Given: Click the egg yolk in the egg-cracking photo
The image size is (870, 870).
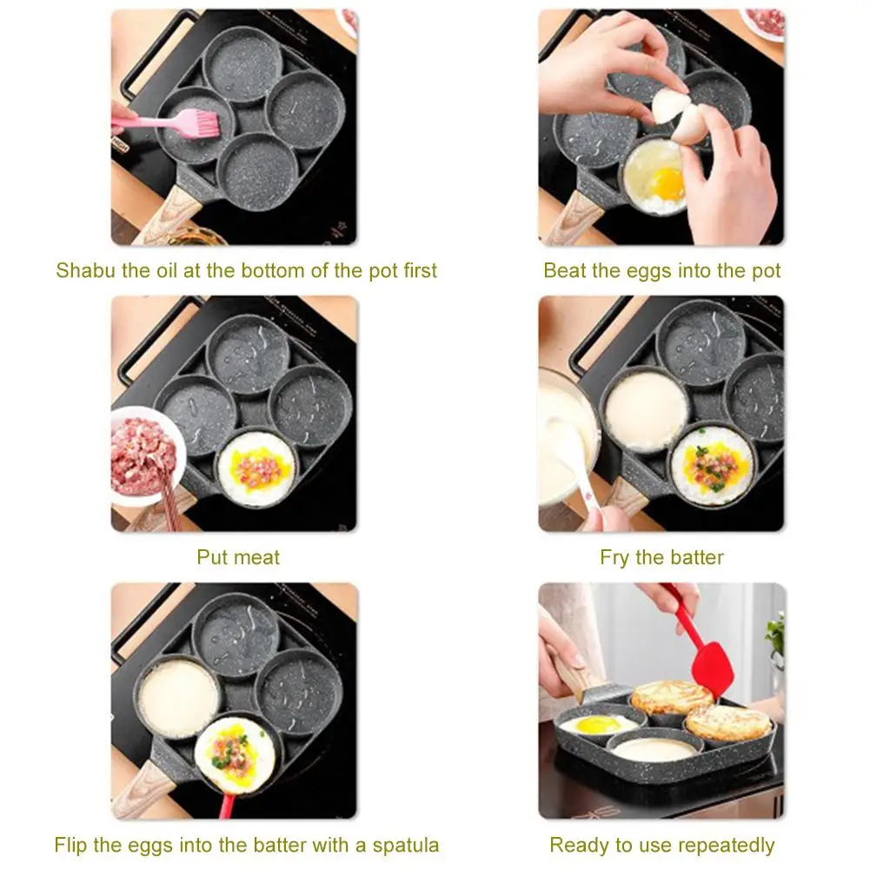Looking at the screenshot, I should tap(668, 182).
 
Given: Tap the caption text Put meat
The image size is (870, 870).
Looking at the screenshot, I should tap(238, 557).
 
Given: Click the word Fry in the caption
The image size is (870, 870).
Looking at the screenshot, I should tap(615, 557).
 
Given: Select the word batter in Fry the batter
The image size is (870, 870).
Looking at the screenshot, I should tap(694, 557).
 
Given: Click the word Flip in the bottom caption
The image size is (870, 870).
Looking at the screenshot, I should tap(70, 844).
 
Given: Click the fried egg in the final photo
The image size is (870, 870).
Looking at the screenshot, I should tap(598, 724).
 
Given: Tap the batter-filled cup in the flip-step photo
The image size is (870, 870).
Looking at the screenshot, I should tap(178, 695).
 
